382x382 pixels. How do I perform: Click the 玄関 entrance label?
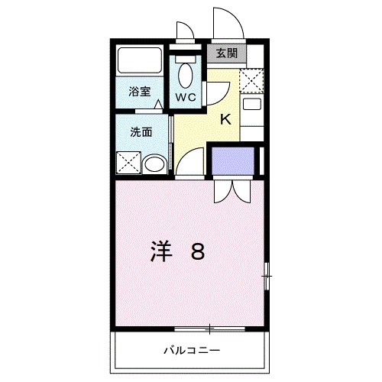click(x=225, y=53)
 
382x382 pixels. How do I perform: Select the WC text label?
click(x=186, y=97)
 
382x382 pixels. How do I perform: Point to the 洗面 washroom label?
click(x=141, y=131)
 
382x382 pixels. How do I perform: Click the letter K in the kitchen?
click(x=226, y=118)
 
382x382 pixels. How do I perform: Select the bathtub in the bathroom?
click(x=139, y=61)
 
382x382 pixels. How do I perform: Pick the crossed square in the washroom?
click(x=127, y=163)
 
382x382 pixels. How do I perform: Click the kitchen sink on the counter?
click(x=252, y=105)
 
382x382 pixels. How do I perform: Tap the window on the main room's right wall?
click(x=267, y=275)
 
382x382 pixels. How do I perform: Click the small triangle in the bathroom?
click(x=158, y=105)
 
